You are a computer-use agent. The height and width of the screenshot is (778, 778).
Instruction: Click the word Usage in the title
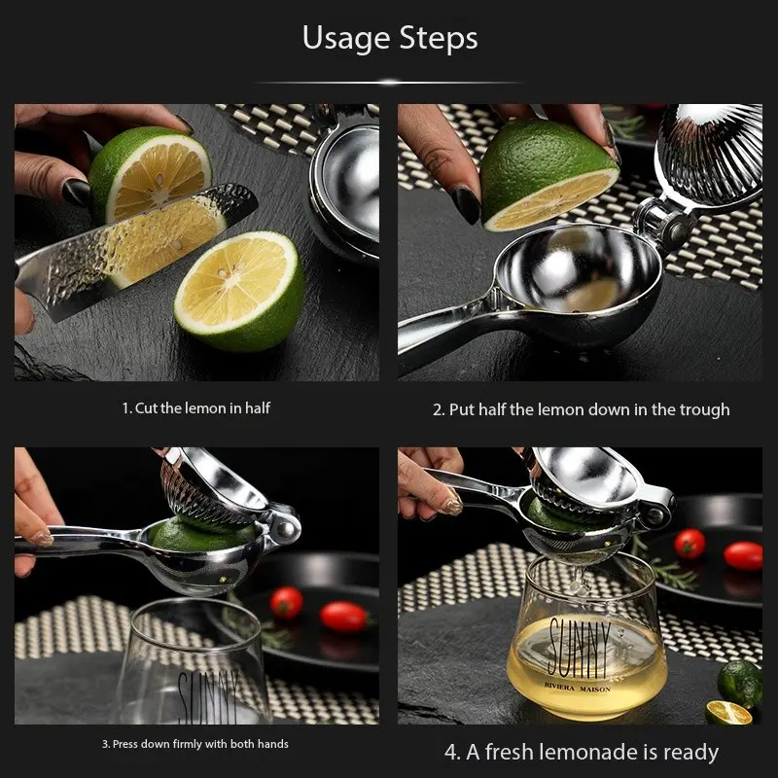click(346, 39)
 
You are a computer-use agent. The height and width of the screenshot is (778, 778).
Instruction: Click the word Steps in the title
click(439, 38)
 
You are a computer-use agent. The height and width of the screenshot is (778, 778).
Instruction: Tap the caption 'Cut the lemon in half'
click(202, 408)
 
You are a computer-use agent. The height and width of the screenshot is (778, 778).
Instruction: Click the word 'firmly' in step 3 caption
click(188, 744)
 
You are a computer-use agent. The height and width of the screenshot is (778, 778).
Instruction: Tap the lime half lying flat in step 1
click(239, 291)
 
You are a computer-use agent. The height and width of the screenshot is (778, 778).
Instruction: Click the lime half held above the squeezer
click(548, 175)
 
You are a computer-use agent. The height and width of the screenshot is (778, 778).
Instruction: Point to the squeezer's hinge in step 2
click(665, 222)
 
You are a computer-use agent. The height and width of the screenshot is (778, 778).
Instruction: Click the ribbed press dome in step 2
click(710, 154)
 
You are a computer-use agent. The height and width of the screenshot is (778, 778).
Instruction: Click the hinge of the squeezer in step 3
click(284, 527)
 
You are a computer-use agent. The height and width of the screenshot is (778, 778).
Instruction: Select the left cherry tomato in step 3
click(286, 602)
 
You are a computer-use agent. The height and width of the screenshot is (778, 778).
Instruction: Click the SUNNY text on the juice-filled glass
click(580, 648)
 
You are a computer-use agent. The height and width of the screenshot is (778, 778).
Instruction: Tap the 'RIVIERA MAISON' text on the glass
click(577, 689)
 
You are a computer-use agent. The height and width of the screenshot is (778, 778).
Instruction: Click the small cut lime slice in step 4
click(728, 712)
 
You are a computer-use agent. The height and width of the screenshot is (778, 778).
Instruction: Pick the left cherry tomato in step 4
click(690, 544)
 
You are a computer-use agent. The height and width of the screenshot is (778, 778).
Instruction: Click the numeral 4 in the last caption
click(451, 753)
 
